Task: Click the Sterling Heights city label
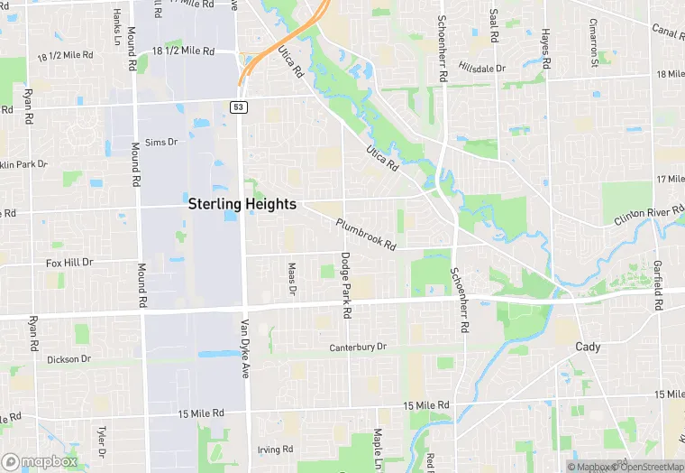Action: click(242, 204)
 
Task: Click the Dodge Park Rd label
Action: click(345, 285)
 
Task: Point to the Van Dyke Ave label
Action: click(244, 348)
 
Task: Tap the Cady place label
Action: click(589, 347)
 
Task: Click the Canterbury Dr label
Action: click(357, 347)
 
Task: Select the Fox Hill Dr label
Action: click(69, 263)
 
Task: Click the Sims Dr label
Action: click(161, 142)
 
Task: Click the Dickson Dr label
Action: click(68, 358)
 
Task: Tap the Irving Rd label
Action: click(276, 449)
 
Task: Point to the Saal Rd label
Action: click(494, 27)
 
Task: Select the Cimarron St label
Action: click(595, 42)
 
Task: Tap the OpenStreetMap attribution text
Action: click(647, 467)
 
